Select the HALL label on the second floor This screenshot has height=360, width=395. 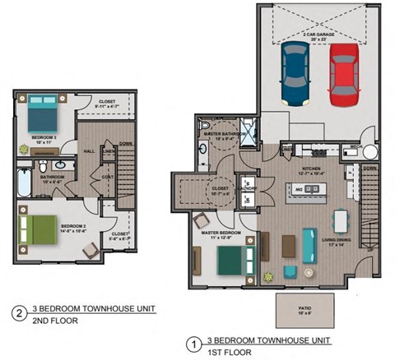(87, 150)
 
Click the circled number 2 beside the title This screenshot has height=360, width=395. (18, 313)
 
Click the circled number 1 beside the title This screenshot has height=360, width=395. (194, 341)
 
